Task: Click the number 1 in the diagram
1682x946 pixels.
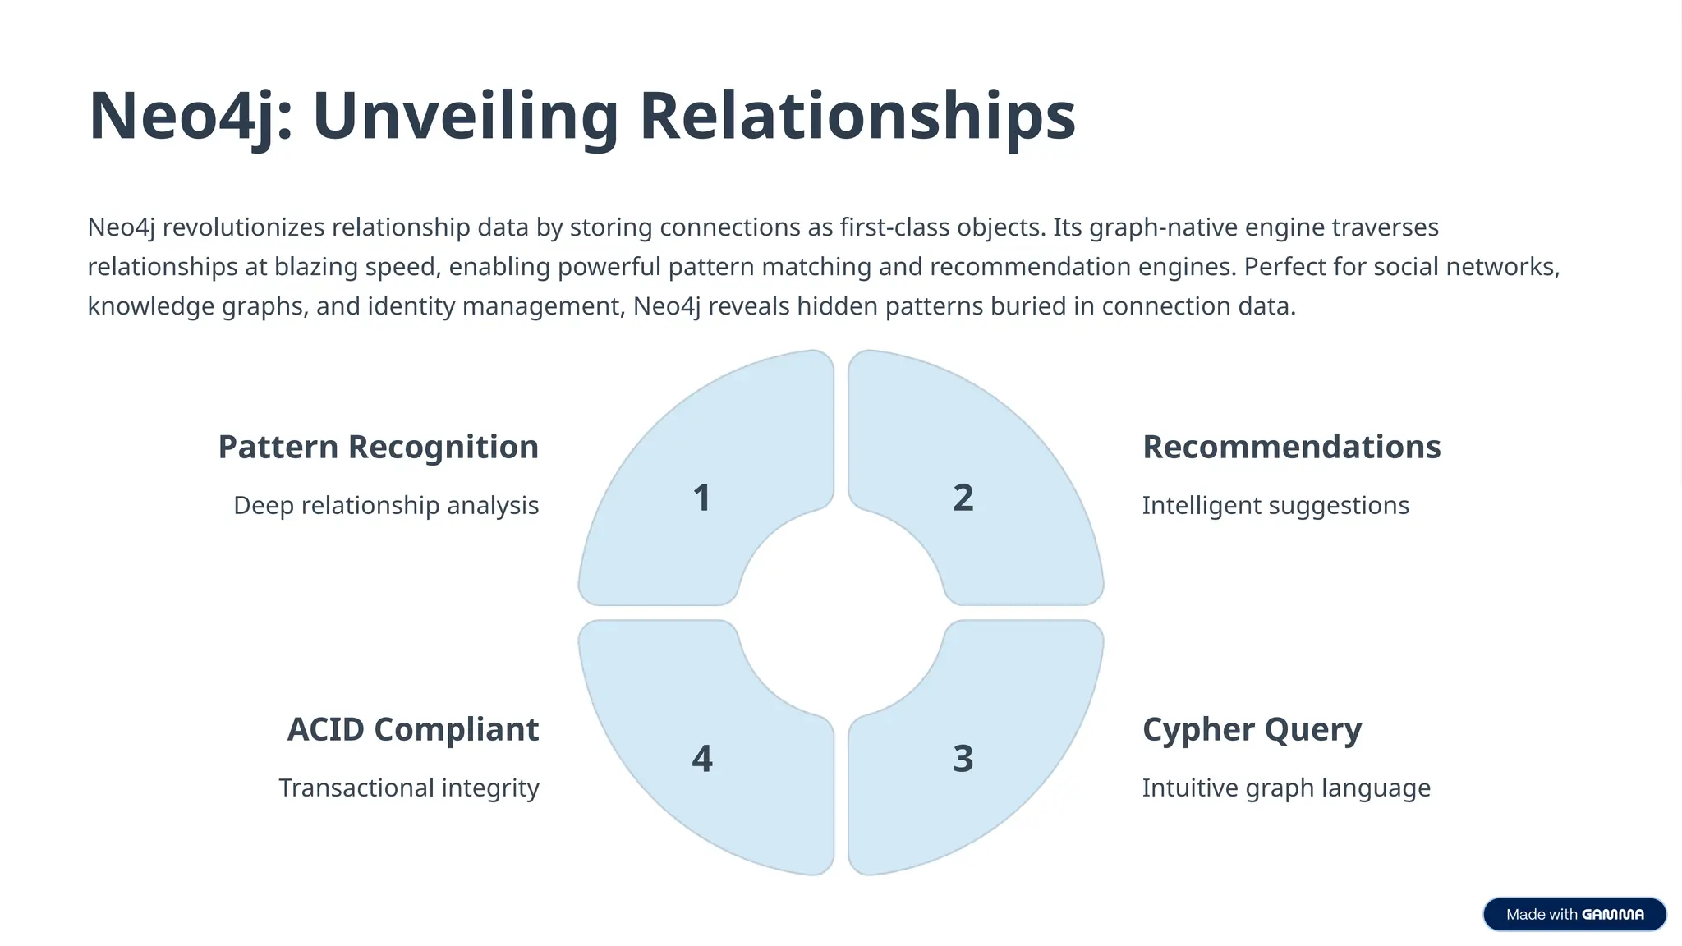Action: [x=701, y=498]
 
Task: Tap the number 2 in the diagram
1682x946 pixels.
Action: [x=963, y=498]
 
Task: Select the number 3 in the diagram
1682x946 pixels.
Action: [x=963, y=758]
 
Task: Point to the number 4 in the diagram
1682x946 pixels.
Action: [x=702, y=758]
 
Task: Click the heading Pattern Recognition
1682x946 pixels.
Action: [x=378, y=448]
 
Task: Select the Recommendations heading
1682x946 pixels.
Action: [x=1291, y=448]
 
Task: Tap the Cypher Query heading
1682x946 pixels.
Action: [x=1252, y=730]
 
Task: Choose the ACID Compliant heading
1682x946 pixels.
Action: [x=413, y=730]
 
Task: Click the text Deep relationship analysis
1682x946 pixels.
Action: [x=386, y=506]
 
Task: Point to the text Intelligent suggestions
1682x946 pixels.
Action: [x=1275, y=506]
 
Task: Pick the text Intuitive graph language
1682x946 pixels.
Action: [x=1286, y=788]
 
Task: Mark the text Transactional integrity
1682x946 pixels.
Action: [x=409, y=788]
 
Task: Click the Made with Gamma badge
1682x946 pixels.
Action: [x=1574, y=914]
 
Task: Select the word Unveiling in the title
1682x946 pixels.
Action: [x=466, y=117]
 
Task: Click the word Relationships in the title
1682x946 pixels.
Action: [x=857, y=117]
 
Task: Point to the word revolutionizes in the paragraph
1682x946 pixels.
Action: [x=243, y=227]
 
